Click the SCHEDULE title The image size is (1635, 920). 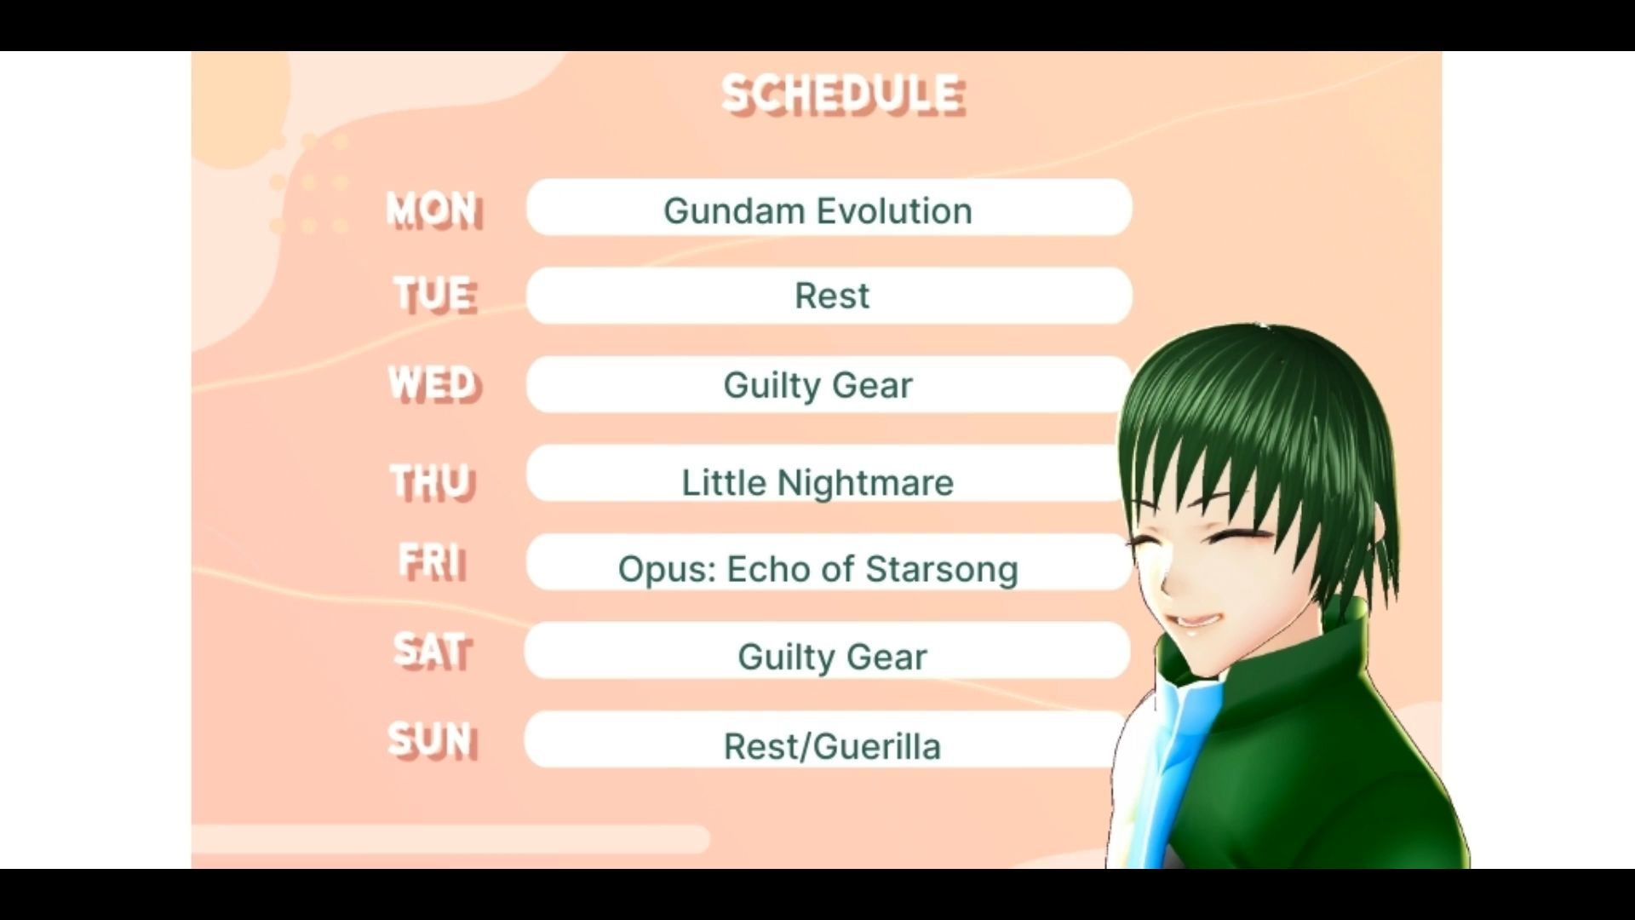click(x=843, y=95)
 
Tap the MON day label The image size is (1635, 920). click(x=434, y=210)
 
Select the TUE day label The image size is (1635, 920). click(x=435, y=295)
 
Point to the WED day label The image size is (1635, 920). click(x=434, y=383)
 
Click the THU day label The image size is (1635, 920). click(x=432, y=482)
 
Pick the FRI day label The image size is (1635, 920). click(x=433, y=562)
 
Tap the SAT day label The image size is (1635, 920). click(x=432, y=652)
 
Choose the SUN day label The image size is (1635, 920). click(x=433, y=739)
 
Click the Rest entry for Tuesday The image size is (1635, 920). click(x=832, y=296)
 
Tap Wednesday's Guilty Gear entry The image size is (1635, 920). click(x=817, y=385)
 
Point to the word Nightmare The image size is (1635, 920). click(x=865, y=483)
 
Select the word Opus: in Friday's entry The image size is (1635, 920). click(x=667, y=570)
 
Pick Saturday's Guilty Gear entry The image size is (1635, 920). click(x=832, y=657)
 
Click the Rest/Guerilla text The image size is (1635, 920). click(x=832, y=746)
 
